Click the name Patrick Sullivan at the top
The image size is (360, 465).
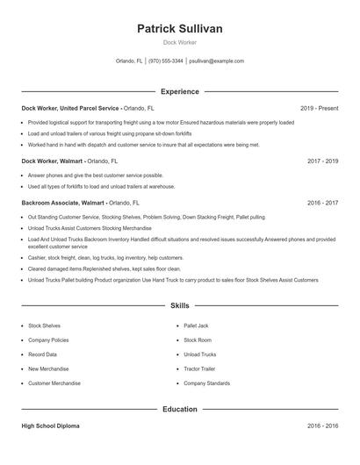click(179, 29)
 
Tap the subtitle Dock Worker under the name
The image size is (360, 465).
click(179, 42)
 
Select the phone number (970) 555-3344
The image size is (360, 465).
click(166, 61)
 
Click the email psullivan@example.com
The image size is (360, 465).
click(216, 61)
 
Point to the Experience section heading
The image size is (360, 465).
click(179, 91)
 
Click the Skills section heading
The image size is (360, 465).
click(179, 306)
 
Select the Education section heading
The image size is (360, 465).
click(179, 409)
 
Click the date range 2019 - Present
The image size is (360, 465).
click(319, 108)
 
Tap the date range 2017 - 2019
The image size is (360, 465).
click(323, 161)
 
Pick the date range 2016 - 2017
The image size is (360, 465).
click(323, 202)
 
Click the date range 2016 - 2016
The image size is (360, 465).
click(323, 426)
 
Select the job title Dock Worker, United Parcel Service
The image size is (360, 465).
click(70, 108)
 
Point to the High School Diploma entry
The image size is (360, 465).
click(50, 426)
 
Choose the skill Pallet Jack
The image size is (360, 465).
click(198, 325)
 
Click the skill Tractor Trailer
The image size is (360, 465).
click(199, 368)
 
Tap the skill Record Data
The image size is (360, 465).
click(43, 354)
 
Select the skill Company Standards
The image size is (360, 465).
click(207, 383)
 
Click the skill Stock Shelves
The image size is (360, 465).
click(45, 325)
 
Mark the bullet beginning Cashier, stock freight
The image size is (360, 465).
click(105, 257)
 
